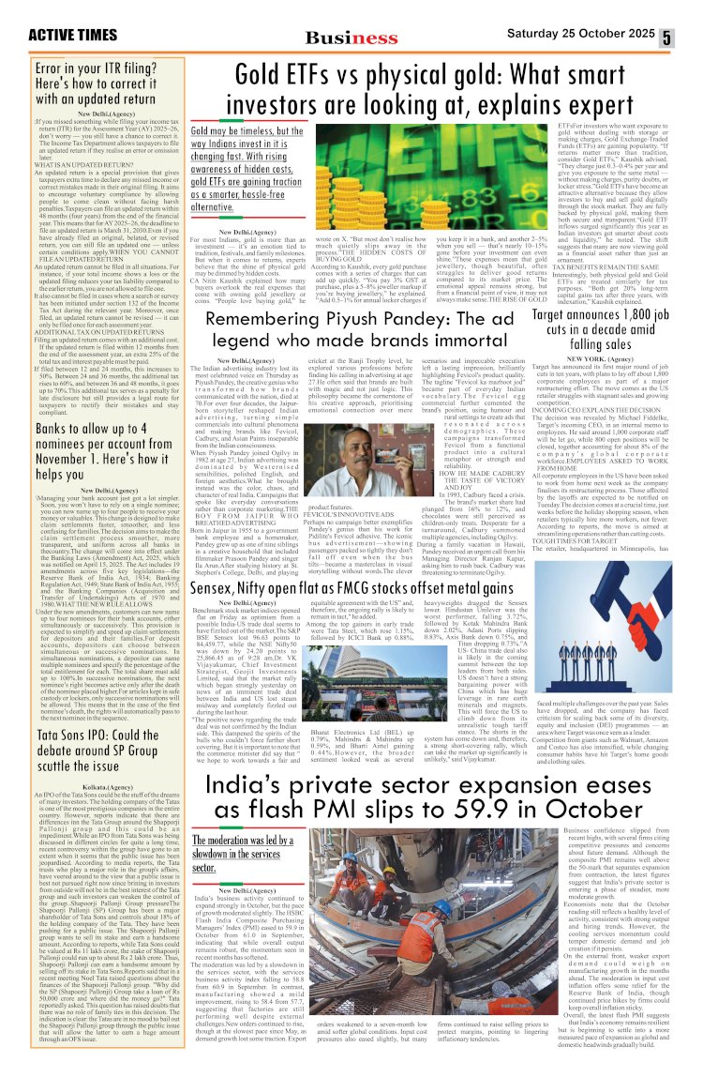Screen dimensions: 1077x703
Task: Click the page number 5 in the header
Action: [x=692, y=38]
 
